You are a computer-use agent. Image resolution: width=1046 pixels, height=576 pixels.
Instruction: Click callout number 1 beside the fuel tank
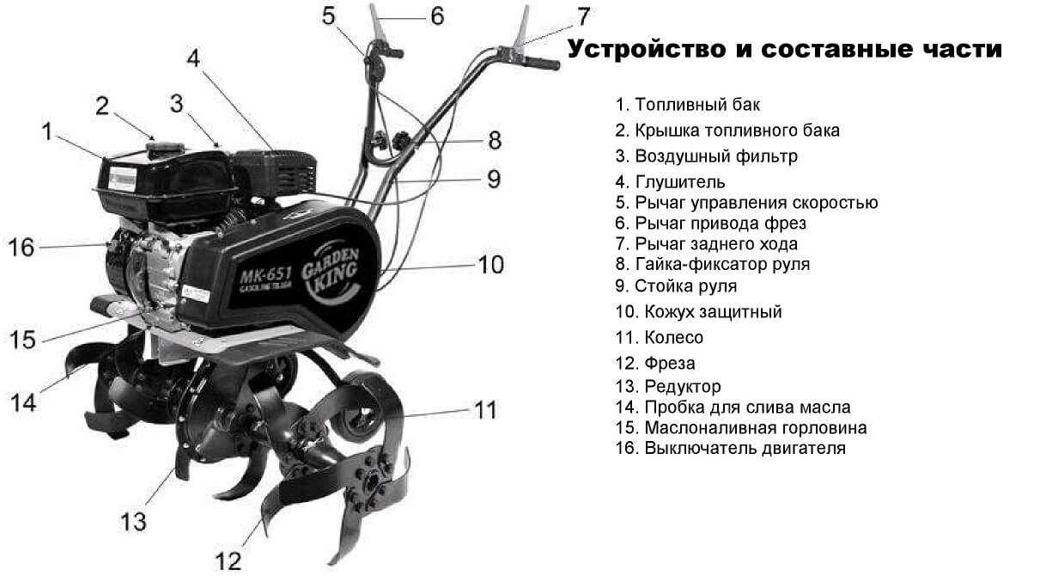click(x=47, y=132)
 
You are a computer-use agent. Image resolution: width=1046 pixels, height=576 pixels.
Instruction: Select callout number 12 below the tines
click(x=228, y=561)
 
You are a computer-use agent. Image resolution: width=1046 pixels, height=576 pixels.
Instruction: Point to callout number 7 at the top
click(x=583, y=16)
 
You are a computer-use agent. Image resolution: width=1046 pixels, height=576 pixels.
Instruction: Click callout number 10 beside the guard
click(x=491, y=264)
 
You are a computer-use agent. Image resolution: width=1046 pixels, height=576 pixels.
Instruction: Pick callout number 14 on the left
click(x=24, y=401)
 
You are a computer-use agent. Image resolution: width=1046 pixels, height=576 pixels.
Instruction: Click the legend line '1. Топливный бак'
click(x=688, y=105)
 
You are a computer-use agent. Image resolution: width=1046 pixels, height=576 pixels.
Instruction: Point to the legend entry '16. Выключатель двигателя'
click(x=731, y=448)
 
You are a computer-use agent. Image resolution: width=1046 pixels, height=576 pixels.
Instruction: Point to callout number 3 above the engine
click(x=177, y=104)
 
